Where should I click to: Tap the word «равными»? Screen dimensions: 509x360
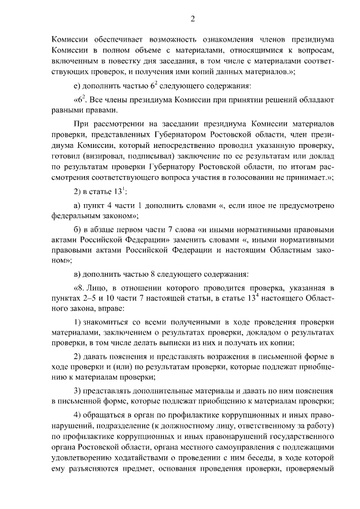tap(70, 111)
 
